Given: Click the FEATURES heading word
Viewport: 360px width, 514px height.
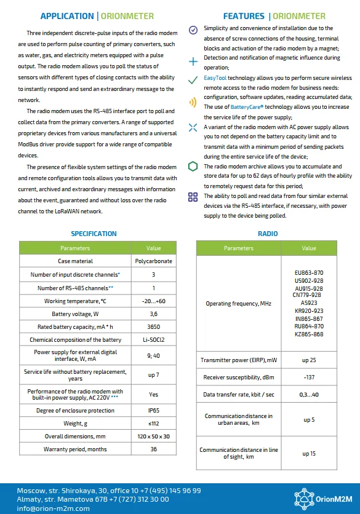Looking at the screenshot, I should click(243, 16).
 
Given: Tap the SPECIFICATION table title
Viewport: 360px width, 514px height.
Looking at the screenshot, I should click(94, 234).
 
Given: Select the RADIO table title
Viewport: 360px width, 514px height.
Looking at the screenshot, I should click(268, 234).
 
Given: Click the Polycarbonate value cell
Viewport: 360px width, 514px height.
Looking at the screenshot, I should click(153, 261).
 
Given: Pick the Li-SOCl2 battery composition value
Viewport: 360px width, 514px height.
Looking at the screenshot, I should click(153, 340).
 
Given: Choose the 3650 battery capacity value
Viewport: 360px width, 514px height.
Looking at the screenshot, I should click(153, 327).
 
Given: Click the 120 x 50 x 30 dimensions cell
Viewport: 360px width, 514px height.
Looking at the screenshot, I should click(153, 437).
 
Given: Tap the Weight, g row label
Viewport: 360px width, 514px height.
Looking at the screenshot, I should click(76, 424).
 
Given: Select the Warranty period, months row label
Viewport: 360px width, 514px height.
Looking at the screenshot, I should click(76, 449).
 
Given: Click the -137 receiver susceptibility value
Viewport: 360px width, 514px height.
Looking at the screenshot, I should click(309, 377).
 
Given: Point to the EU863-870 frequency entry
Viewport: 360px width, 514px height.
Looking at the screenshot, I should click(309, 272).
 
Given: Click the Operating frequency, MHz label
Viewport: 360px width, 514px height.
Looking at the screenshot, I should click(239, 304).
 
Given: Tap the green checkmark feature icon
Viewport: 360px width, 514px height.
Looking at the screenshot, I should click(193, 81).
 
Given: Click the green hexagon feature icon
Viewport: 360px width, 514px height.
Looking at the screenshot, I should click(193, 167).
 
